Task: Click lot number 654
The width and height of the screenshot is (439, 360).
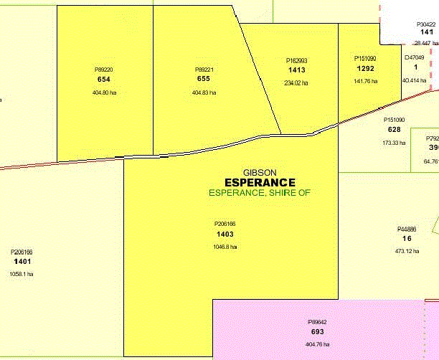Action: click(x=104, y=79)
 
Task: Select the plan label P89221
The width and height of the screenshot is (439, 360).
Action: click(x=203, y=70)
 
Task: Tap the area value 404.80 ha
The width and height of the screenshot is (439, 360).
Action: click(x=104, y=93)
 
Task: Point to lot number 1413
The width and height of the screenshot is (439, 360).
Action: click(x=296, y=71)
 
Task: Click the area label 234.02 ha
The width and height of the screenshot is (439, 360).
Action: click(x=296, y=83)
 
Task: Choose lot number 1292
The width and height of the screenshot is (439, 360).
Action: click(x=366, y=68)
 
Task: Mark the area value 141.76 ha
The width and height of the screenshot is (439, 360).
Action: click(x=366, y=81)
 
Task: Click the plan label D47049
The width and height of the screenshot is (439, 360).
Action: click(x=415, y=57)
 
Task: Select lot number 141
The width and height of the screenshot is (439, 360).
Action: click(x=426, y=32)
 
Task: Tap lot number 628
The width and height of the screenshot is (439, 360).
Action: click(x=395, y=130)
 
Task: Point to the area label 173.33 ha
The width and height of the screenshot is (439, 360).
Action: click(x=394, y=143)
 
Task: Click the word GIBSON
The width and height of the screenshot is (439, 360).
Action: click(x=259, y=172)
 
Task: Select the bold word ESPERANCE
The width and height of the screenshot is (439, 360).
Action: click(x=260, y=182)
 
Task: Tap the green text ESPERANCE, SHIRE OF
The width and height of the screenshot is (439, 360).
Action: click(x=260, y=193)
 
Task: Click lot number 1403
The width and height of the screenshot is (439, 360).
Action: click(x=225, y=235)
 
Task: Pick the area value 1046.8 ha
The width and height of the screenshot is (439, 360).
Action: click(x=225, y=247)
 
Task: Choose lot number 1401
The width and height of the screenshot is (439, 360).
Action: click(x=22, y=262)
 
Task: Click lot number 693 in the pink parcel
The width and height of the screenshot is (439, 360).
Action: click(x=317, y=333)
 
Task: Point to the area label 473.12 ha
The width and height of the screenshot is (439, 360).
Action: click(x=407, y=251)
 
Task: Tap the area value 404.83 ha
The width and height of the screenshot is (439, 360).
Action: click(x=204, y=93)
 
